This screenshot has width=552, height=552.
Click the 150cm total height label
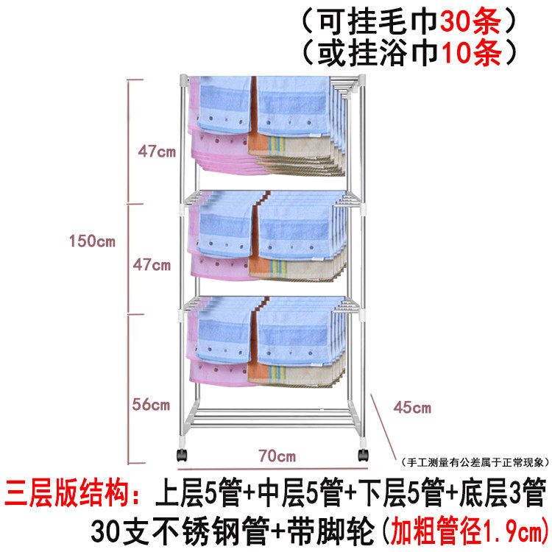92,241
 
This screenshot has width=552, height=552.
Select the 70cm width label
277,456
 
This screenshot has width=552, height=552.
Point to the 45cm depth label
412,407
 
